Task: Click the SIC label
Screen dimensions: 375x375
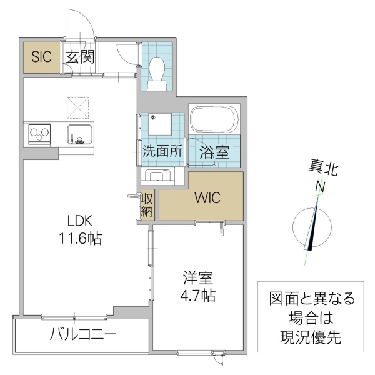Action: (x=40, y=58)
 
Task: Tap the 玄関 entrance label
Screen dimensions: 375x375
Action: (x=79, y=58)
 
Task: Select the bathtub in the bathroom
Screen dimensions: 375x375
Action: (x=214, y=119)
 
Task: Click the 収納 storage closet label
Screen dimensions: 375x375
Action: (x=147, y=205)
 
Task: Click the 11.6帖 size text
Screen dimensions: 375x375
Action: (x=81, y=239)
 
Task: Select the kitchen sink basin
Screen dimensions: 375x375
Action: (x=80, y=134)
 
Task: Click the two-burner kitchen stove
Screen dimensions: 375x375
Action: (x=39, y=134)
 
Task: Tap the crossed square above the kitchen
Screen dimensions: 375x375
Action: (x=80, y=106)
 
